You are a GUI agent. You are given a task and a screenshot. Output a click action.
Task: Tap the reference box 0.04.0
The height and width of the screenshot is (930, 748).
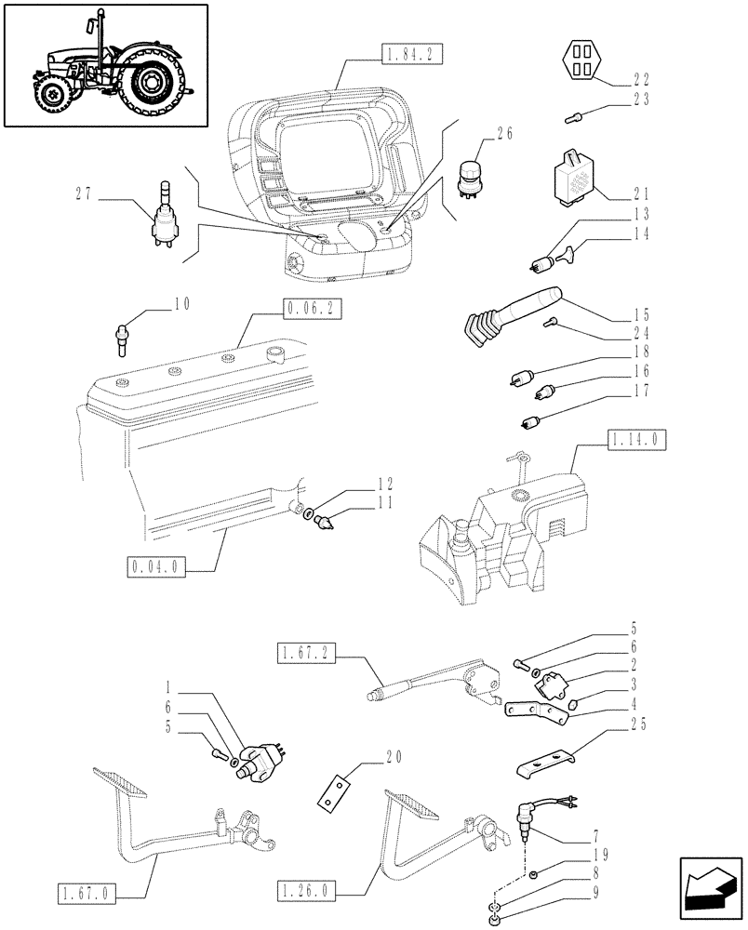[155, 565]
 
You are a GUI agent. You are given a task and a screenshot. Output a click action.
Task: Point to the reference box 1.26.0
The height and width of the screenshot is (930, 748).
[307, 895]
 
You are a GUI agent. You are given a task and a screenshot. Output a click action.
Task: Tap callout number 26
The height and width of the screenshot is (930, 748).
[504, 134]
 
